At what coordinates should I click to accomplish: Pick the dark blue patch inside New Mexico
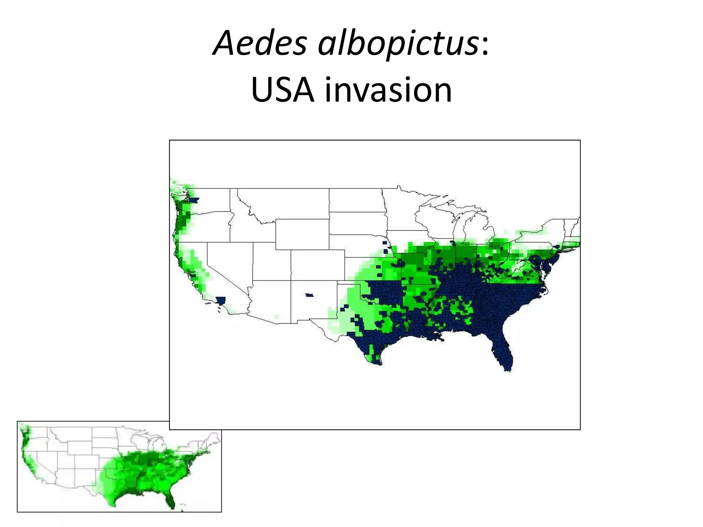310,295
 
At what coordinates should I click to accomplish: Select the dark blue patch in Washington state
194,200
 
